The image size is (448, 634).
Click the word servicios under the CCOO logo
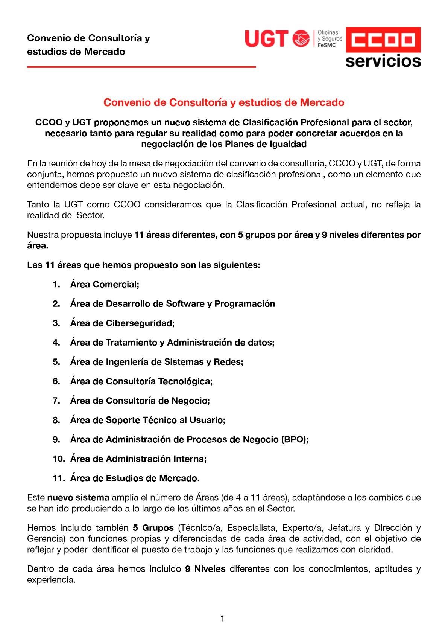pos(383,61)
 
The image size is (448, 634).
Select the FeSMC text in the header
pos(326,45)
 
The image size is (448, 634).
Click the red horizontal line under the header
pos(141,67)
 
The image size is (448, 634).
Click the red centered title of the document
pos(224,102)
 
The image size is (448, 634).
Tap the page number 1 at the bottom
pos(222,618)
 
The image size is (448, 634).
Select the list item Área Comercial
pos(104,284)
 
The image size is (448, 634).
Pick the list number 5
pos(56,362)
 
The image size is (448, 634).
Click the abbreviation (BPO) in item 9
pos(295,439)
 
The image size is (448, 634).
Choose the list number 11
pos(58,478)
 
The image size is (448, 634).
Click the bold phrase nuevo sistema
pos(78,497)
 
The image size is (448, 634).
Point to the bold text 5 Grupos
pos(153,527)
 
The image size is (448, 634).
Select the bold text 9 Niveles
pos(205,568)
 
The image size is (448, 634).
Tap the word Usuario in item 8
pos(208,420)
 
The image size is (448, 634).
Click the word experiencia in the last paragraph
pos(51,579)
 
